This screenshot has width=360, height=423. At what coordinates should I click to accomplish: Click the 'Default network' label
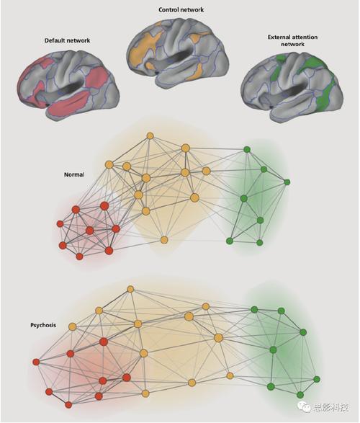[x=67, y=40]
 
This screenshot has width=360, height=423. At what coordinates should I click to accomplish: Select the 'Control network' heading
[x=181, y=9]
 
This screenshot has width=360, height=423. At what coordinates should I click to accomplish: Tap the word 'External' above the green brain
[x=279, y=37]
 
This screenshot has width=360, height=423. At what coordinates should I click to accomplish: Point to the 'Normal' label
[x=74, y=174]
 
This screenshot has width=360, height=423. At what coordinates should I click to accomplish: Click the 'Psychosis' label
[x=43, y=325]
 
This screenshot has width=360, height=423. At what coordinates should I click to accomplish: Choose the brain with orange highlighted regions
[x=178, y=53]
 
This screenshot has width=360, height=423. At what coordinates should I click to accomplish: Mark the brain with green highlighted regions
[x=292, y=85]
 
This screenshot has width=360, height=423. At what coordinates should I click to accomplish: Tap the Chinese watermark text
[x=331, y=407]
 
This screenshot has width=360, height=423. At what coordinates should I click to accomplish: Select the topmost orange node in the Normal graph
[x=150, y=135]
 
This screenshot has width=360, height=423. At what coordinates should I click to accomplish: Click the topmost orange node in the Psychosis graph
[x=130, y=289]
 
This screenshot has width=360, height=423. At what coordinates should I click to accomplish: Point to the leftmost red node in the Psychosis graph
[x=36, y=362]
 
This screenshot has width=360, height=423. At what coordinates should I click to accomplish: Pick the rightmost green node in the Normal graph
[x=287, y=182]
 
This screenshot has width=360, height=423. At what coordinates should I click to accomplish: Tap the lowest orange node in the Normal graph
[x=164, y=239]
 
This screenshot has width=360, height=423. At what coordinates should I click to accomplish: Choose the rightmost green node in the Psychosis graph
[x=317, y=379]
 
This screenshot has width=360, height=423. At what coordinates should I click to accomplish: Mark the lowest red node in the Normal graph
[x=79, y=257]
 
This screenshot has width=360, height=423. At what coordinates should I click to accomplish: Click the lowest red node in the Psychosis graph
[x=68, y=405]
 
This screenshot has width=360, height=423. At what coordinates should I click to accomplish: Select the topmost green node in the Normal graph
[x=247, y=149]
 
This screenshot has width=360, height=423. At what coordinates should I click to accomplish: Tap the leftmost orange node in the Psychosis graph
[x=72, y=326]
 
